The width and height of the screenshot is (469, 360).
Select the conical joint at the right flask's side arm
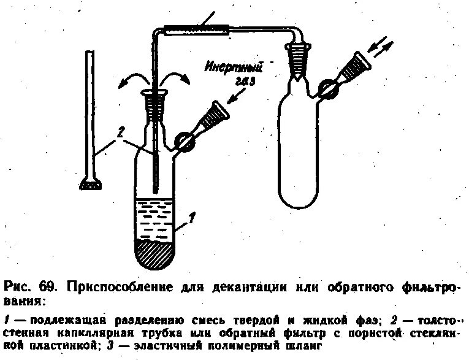(x=359, y=67)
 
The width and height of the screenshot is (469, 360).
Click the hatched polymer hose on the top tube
(x=196, y=28)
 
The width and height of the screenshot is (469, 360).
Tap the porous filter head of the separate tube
(x=91, y=182)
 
